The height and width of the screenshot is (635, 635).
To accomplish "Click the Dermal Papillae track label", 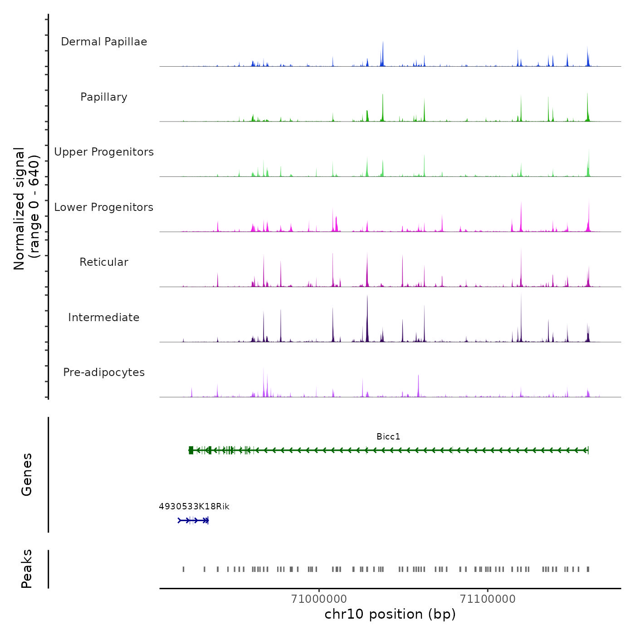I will pos(104,42).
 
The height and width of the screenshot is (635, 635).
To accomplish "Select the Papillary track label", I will pos(104,97).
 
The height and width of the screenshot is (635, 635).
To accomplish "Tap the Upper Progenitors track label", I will pos(104,152).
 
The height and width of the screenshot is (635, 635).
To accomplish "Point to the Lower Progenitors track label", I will pos(104,207).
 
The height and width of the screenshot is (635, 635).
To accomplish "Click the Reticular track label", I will pos(104,262).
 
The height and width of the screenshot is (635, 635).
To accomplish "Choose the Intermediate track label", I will pos(104,317).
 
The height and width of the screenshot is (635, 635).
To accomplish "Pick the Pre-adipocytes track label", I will pos(104,372).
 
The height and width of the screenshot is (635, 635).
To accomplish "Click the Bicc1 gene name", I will pos(388,437).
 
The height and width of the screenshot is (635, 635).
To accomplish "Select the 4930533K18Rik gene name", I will pos(194,507).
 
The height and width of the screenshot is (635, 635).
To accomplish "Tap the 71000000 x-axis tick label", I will pos(319,599).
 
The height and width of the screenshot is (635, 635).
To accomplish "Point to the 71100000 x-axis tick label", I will pos(488,599).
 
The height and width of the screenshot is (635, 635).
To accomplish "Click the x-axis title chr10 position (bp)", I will pos(390,614).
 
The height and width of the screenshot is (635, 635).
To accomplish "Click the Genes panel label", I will pos(27,474).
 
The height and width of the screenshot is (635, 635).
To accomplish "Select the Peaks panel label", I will pos(27,569).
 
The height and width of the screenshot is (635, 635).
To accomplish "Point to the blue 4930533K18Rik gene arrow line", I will pos(193,520).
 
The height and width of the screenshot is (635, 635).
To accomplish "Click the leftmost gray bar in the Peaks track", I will pos(183,569).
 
